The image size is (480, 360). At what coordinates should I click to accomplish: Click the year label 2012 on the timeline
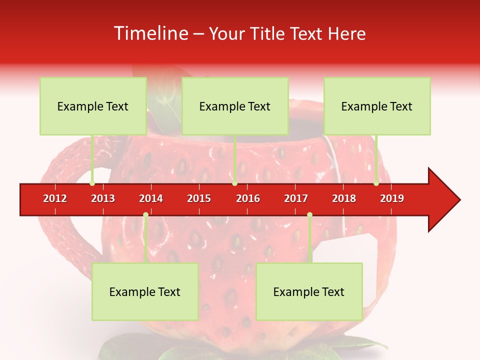(x=55, y=198)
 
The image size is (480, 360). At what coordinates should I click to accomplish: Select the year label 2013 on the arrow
(x=103, y=198)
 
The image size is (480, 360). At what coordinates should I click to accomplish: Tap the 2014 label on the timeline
(x=151, y=198)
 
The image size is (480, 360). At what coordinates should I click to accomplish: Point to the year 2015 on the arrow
(x=199, y=198)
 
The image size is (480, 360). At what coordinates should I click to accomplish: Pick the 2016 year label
(x=248, y=198)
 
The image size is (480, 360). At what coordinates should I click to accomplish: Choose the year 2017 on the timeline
(x=296, y=198)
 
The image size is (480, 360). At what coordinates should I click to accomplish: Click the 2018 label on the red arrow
(x=344, y=198)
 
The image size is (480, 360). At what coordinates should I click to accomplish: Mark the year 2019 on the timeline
(x=392, y=198)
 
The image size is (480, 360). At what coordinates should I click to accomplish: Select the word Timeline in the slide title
(x=149, y=33)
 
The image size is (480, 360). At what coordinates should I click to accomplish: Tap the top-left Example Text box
(x=93, y=106)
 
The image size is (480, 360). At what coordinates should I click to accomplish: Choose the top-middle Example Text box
(x=235, y=106)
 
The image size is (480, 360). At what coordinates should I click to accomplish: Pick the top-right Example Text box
(x=377, y=106)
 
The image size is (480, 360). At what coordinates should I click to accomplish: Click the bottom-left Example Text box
(x=145, y=291)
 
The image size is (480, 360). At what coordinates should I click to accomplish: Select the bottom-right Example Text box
(x=309, y=291)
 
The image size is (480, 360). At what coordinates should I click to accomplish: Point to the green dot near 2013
(x=92, y=183)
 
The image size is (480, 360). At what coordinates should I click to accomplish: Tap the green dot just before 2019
(x=376, y=183)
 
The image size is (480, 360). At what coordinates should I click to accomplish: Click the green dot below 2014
(x=145, y=214)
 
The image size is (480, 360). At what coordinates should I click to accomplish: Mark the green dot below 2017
(x=309, y=214)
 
